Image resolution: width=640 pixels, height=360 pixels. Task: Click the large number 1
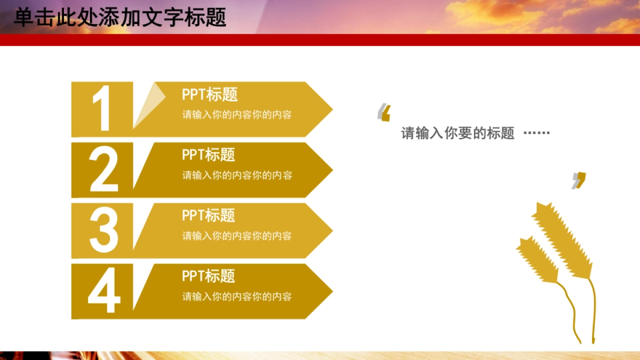pyautogui.click(x=102, y=109)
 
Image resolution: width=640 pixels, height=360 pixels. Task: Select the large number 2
pyautogui.click(x=103, y=170)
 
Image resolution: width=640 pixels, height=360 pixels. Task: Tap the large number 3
pyautogui.click(x=103, y=230)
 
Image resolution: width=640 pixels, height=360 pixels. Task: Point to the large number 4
pyautogui.click(x=103, y=291)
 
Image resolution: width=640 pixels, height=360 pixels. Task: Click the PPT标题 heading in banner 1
pyautogui.click(x=210, y=95)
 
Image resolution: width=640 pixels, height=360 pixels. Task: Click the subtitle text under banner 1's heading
pyautogui.click(x=237, y=115)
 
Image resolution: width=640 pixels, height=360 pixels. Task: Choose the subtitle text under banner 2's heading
pyautogui.click(x=237, y=175)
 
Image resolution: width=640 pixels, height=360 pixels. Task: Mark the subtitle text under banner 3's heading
pyautogui.click(x=237, y=236)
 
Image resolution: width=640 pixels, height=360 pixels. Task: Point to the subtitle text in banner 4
pyautogui.click(x=237, y=297)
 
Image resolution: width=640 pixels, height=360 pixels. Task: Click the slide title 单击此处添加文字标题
pyautogui.click(x=120, y=17)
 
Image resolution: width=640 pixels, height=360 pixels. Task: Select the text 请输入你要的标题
pyautogui.click(x=458, y=133)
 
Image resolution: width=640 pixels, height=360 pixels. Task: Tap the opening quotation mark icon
pyautogui.click(x=384, y=113)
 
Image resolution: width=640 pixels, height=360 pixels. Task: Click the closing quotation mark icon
pyautogui.click(x=579, y=180)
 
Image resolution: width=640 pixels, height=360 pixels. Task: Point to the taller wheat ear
pyautogui.click(x=563, y=240)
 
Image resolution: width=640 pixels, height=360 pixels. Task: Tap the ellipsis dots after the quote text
pyautogui.click(x=537, y=133)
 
